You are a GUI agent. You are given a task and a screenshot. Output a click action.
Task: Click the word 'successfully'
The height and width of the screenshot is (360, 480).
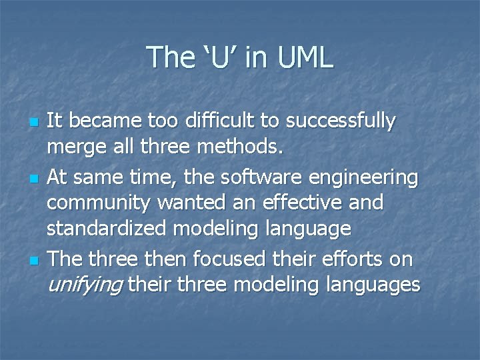[x=341, y=121]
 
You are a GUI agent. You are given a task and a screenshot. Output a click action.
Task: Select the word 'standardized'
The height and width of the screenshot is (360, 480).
[x=107, y=229]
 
